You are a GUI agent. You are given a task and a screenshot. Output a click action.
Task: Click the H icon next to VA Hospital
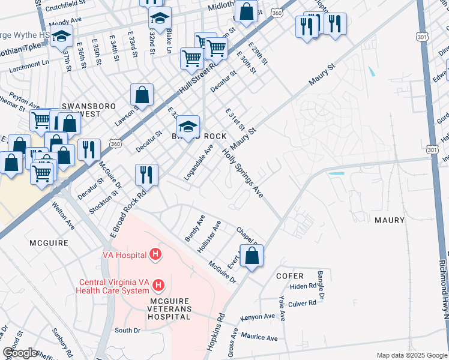[x=156, y=255]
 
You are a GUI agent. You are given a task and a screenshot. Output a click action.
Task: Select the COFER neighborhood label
[x=290, y=276]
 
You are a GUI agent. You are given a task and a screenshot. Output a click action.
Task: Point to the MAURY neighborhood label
[x=390, y=220]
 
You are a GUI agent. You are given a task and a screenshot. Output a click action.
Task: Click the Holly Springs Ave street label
[x=243, y=174]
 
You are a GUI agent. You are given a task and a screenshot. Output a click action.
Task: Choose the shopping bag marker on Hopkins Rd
[x=252, y=255]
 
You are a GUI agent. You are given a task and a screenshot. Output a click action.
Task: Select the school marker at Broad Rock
[x=188, y=127]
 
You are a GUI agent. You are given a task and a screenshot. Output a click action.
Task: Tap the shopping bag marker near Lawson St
[x=142, y=94]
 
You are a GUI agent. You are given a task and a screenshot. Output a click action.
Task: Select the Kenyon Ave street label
[x=258, y=316]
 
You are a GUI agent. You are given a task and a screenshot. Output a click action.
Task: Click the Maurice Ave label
[x=259, y=338]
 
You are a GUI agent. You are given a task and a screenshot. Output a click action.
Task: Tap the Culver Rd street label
[x=303, y=303]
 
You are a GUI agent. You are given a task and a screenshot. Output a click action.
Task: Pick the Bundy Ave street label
[x=195, y=228]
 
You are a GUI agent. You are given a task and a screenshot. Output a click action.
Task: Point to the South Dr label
[x=127, y=330]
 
